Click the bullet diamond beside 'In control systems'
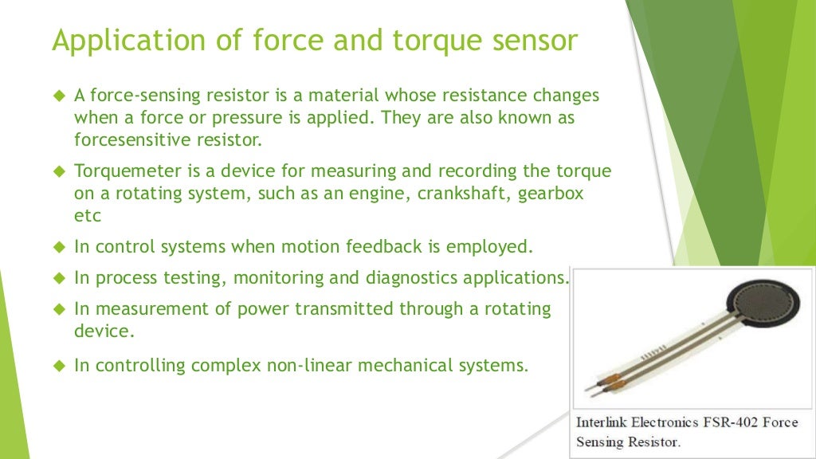[x=58, y=246]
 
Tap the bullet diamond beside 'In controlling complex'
[x=58, y=366]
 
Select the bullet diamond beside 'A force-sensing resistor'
[x=58, y=96]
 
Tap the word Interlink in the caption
[x=602, y=422]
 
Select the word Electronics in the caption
[x=667, y=422]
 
